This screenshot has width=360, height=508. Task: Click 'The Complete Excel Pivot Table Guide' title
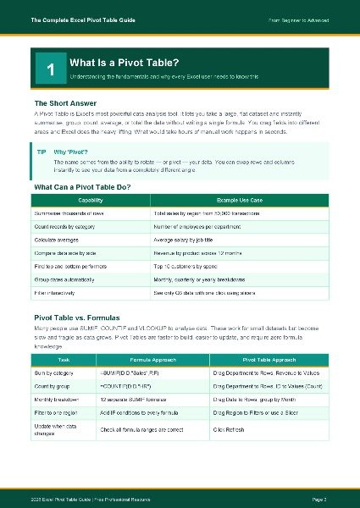tap(86, 19)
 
